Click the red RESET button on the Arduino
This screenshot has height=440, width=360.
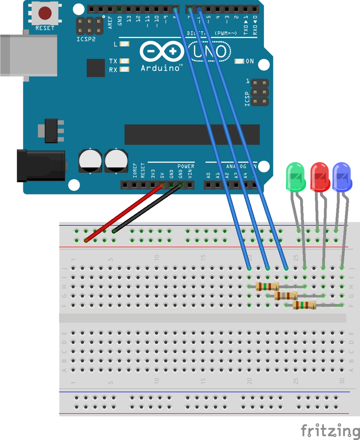click(x=45, y=13)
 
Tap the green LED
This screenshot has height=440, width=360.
click(x=295, y=176)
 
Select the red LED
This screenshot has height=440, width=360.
click(x=320, y=177)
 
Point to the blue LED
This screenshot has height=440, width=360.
click(x=342, y=177)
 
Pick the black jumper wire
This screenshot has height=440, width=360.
click(x=147, y=209)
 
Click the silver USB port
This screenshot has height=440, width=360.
click(x=28, y=55)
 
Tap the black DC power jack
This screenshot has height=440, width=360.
click(x=41, y=165)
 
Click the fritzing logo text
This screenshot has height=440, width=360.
click(x=329, y=430)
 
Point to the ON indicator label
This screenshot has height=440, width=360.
click(x=249, y=61)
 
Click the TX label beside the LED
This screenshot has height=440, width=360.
click(x=113, y=61)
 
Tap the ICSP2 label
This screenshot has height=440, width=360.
click(x=86, y=40)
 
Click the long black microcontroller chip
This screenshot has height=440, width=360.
click(x=192, y=134)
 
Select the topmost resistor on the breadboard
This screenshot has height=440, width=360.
click(x=267, y=287)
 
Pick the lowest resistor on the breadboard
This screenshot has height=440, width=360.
click(x=304, y=305)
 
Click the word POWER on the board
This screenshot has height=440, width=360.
click(x=186, y=166)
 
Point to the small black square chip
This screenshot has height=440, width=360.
click(x=95, y=68)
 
